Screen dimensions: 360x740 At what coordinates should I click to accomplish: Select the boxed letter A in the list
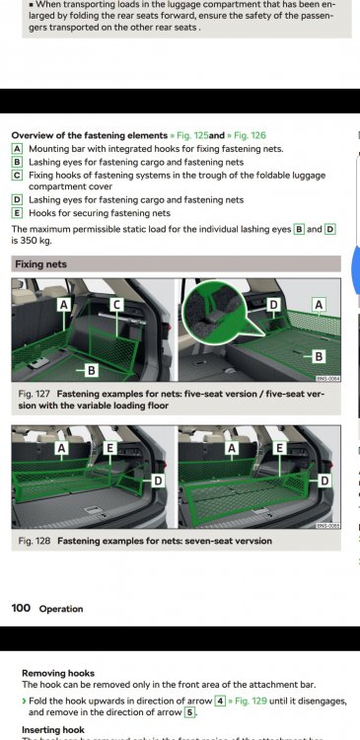(17, 149)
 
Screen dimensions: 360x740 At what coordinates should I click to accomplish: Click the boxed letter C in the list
(17, 175)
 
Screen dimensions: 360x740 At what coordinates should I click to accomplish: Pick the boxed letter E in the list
(17, 213)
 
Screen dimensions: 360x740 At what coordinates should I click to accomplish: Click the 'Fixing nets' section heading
(41, 264)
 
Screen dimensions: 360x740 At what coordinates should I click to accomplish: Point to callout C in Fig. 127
(116, 305)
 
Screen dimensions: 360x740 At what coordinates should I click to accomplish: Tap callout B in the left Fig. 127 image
(92, 371)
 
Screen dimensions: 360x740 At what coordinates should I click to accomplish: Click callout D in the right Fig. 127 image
(273, 305)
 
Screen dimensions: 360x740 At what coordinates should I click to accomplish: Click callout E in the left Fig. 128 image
(109, 448)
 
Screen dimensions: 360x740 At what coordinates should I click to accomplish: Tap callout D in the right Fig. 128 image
(324, 481)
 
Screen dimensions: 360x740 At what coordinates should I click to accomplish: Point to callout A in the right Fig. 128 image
(231, 448)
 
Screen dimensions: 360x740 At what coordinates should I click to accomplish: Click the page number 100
(21, 608)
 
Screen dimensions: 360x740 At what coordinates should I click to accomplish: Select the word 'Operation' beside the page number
(61, 609)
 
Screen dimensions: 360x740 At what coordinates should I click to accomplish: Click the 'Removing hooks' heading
(58, 674)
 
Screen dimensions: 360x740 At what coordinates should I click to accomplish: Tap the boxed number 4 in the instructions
(220, 702)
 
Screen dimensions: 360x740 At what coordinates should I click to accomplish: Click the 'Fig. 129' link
(248, 702)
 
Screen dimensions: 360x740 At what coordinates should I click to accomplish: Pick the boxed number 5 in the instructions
(188, 712)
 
